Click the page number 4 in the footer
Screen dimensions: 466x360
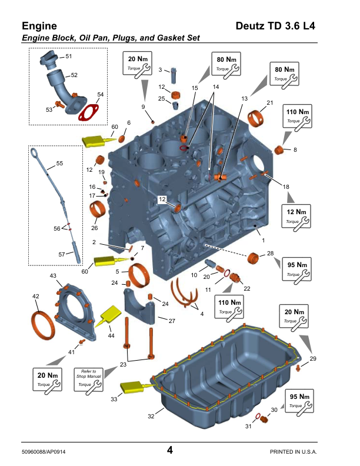(169, 450)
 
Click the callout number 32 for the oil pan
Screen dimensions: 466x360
(151, 416)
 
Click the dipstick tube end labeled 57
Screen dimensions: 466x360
(77, 257)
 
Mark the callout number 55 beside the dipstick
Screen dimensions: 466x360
(59, 162)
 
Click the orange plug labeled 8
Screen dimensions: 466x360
(280, 151)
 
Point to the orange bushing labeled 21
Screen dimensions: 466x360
(258, 118)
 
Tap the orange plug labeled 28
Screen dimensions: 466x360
(254, 258)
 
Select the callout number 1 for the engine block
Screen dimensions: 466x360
(263, 240)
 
